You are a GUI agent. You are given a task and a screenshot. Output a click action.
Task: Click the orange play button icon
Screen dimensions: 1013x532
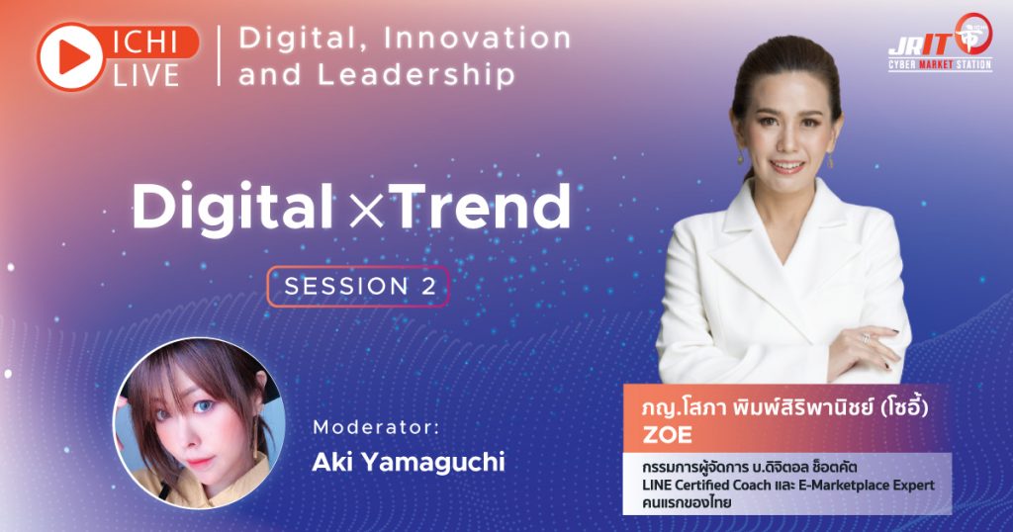(70, 56)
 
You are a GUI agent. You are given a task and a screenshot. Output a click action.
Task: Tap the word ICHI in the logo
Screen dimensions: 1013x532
(145, 43)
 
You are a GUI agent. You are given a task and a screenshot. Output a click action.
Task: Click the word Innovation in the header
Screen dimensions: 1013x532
(478, 39)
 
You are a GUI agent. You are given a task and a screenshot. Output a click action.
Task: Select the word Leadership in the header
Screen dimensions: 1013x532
(416, 74)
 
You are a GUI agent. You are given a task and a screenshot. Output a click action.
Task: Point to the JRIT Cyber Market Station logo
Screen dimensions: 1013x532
(941, 44)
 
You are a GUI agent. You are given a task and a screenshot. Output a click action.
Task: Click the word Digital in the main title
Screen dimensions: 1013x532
(232, 207)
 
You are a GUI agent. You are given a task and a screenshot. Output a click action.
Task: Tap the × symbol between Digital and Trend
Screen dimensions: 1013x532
(366, 211)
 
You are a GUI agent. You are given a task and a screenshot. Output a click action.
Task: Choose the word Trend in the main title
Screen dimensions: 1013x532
(479, 207)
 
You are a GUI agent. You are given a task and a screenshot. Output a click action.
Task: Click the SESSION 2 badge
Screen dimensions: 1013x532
(358, 286)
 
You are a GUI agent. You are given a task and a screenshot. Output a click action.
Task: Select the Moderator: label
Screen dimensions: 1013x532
(376, 427)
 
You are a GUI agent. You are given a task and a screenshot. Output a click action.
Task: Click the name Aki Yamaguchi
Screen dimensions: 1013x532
(409, 462)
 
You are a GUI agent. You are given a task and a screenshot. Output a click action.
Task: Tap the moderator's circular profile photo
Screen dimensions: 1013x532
(199, 423)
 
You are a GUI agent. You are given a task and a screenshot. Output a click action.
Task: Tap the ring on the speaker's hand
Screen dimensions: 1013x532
(867, 337)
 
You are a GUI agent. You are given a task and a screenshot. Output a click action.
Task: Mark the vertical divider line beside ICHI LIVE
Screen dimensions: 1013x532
(219, 55)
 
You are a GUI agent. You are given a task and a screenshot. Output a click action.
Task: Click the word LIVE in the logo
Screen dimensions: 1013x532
(146, 75)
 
